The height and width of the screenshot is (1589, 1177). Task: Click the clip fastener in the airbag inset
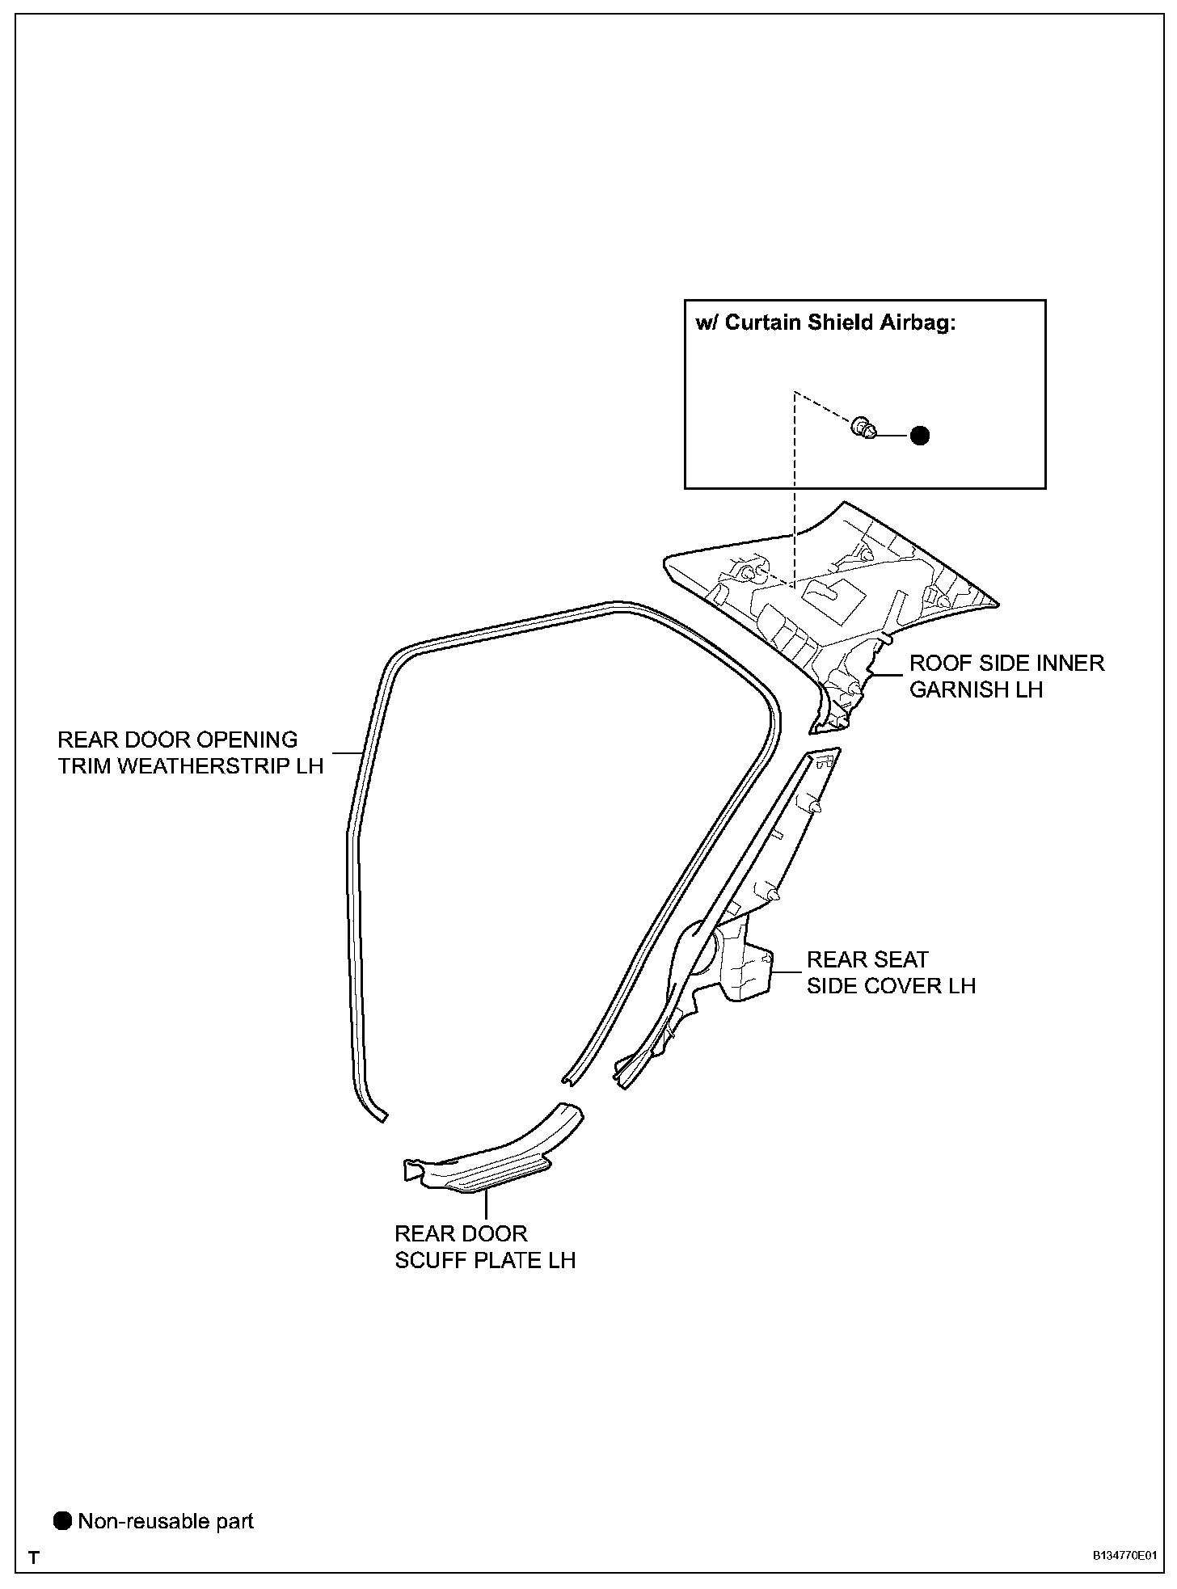[865, 428]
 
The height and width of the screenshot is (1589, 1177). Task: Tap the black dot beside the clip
[919, 436]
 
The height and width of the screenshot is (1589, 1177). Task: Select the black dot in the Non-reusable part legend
[62, 1521]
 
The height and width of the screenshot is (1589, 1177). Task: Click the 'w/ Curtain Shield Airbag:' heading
[825, 322]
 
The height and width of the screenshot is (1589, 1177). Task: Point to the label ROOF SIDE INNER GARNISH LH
[1006, 676]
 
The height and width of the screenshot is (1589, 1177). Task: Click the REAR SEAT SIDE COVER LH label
[891, 972]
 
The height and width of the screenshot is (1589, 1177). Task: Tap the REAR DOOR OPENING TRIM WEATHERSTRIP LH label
[190, 752]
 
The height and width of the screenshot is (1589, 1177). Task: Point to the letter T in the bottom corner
[34, 1557]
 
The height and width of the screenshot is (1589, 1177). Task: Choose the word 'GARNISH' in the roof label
[961, 689]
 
